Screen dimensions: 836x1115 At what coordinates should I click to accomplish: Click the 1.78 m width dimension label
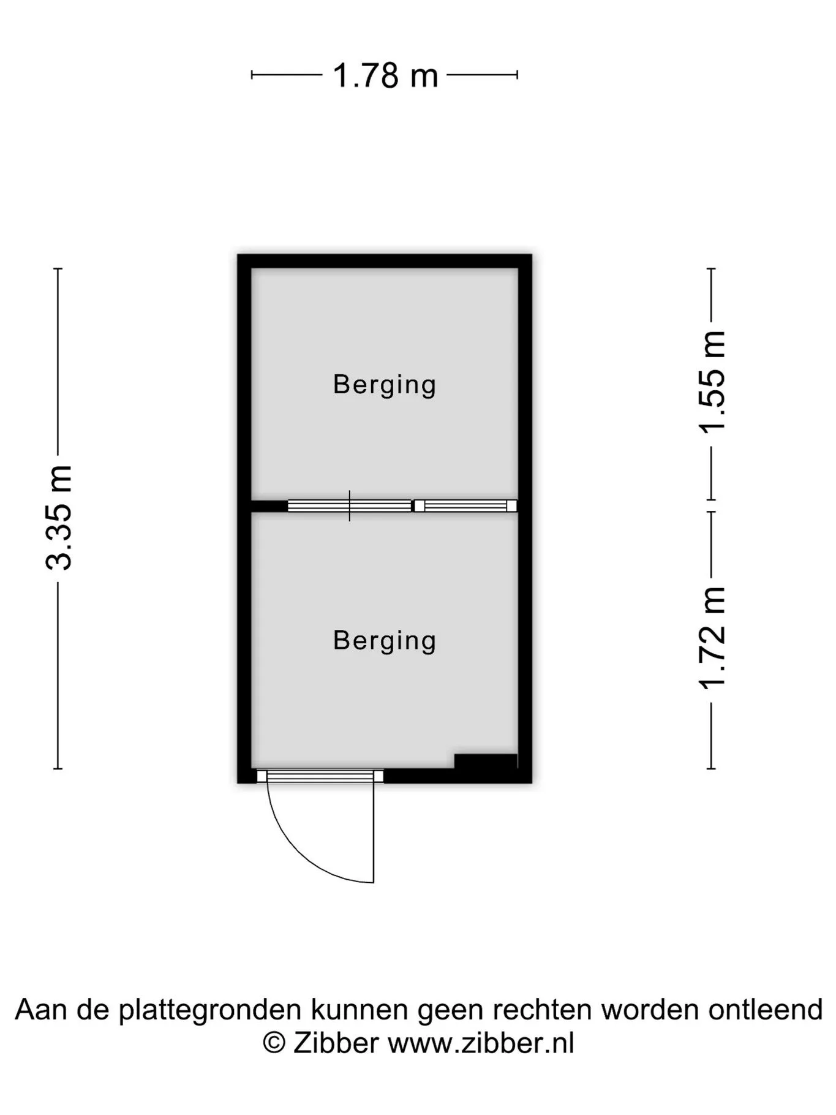385,75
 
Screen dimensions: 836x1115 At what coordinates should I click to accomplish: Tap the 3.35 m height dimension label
59,518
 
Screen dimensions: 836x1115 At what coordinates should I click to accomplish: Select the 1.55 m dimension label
712,382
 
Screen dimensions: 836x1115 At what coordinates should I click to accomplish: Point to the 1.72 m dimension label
712,638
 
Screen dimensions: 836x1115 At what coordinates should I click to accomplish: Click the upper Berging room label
385,385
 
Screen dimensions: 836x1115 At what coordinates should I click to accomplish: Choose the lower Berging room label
385,641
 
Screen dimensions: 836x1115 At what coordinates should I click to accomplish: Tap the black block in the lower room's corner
486,762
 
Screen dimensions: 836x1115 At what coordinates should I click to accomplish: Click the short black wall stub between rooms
269,506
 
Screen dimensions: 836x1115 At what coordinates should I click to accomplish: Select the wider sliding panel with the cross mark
350,506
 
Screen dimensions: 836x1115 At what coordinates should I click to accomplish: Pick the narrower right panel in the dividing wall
465,506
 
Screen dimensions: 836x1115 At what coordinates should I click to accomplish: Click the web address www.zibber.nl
481,1043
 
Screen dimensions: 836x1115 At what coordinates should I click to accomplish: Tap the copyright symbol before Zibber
274,1043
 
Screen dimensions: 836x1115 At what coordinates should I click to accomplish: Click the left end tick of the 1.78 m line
252,75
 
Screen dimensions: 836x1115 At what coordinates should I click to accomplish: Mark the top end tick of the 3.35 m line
58,269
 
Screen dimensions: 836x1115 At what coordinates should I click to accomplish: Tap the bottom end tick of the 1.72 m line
711,768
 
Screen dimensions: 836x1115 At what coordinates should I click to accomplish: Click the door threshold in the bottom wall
320,776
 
